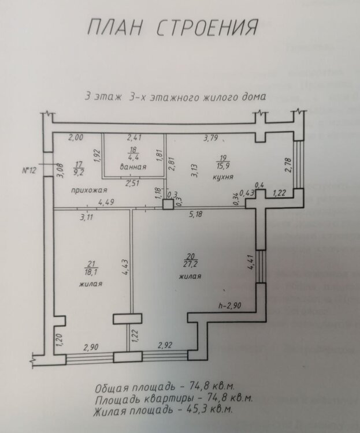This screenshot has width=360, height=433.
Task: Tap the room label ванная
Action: (133, 167)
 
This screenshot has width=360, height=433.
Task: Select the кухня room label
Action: (223, 177)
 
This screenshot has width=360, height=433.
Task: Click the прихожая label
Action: (89, 191)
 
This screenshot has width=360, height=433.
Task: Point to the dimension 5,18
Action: (195, 213)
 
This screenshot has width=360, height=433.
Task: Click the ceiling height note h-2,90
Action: (230, 305)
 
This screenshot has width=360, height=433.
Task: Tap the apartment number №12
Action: (29, 170)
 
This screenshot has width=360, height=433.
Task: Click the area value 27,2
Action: (190, 264)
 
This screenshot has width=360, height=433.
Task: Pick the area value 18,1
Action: (91, 273)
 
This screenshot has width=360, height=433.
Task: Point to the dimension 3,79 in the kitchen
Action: (211, 137)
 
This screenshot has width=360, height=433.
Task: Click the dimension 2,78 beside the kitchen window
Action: (288, 165)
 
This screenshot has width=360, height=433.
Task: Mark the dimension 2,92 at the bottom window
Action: (165, 345)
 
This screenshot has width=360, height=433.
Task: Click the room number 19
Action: (223, 158)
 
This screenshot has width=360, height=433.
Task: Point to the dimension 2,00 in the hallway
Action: (76, 137)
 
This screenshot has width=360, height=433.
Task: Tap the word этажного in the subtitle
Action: (172, 97)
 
